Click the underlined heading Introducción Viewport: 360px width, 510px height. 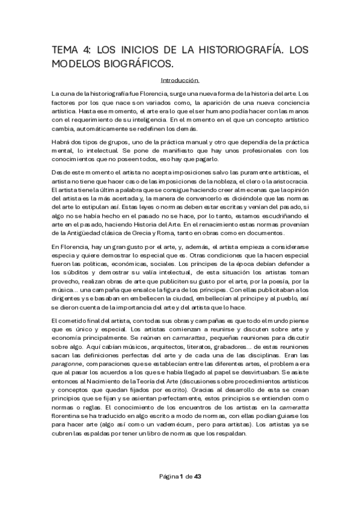[180, 80]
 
